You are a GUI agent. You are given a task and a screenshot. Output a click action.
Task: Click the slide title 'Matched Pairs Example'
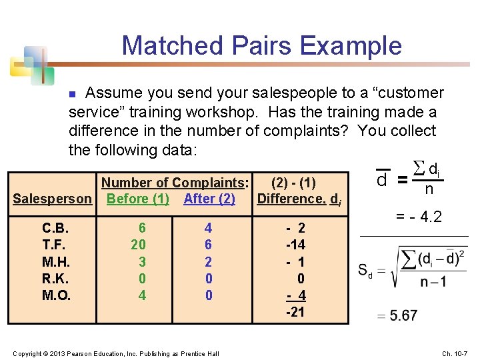(261, 45)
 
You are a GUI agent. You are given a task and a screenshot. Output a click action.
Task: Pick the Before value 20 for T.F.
(138, 245)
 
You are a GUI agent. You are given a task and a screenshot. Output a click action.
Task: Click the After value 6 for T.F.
(208, 245)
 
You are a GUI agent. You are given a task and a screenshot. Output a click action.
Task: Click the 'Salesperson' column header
(53, 199)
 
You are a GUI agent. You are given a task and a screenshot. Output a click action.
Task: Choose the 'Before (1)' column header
(138, 199)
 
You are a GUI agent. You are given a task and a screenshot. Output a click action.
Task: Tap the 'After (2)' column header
(209, 199)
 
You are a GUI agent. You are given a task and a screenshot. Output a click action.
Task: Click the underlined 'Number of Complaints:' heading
(175, 183)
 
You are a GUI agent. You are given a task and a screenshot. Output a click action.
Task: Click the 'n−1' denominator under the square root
(434, 282)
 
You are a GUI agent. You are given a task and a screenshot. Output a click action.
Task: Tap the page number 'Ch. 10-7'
(455, 353)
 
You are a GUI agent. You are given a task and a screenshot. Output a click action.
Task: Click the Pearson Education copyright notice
(115, 353)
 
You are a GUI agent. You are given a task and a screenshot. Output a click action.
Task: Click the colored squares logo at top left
(30, 65)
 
